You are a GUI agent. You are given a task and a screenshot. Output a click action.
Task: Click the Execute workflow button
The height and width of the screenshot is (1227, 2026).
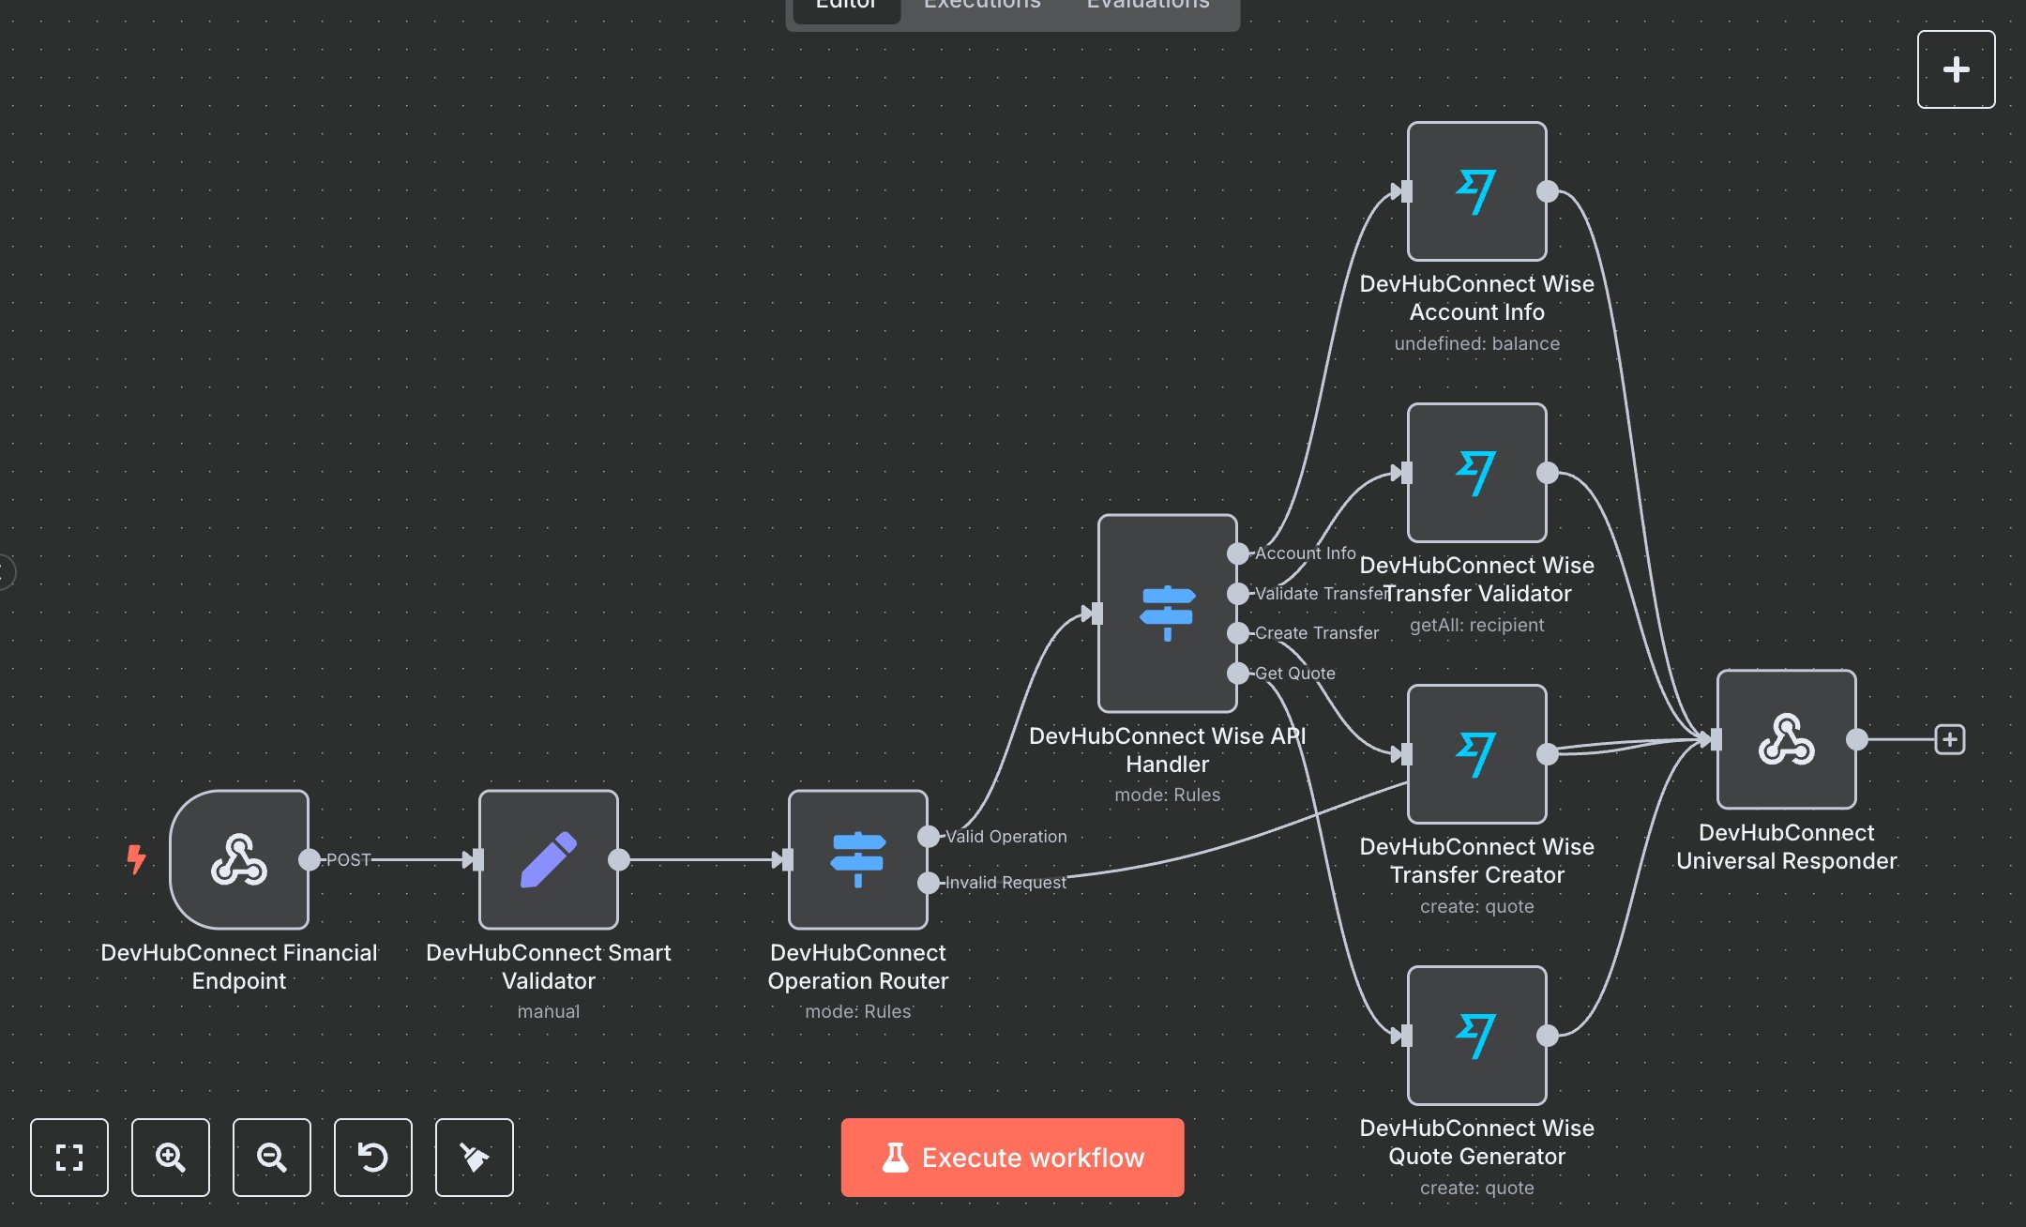(1012, 1157)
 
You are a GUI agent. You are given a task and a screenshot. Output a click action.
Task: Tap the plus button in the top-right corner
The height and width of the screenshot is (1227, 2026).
(1956, 69)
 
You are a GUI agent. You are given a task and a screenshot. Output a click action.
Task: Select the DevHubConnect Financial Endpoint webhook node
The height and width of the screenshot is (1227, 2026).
(239, 859)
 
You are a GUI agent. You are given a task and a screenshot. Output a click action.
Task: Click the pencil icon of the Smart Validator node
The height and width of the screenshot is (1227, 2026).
(549, 859)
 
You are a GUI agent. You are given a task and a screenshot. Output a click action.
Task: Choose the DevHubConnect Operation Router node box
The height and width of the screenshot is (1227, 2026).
(857, 859)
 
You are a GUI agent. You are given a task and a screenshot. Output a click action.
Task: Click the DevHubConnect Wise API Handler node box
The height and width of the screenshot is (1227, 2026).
(1167, 613)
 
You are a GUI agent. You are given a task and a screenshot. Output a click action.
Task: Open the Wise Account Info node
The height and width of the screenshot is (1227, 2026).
(1476, 191)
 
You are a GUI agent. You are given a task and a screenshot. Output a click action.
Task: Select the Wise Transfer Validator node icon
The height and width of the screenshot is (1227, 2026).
(1476, 473)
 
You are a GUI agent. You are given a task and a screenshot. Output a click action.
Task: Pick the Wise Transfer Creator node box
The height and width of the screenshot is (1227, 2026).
(1476, 754)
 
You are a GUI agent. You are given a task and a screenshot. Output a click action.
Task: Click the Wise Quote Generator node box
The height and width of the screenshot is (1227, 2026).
(1476, 1036)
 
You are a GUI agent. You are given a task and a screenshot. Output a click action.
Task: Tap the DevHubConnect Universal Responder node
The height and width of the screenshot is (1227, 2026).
(1786, 739)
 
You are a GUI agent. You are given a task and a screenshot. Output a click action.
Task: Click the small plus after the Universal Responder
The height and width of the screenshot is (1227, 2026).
(1950, 739)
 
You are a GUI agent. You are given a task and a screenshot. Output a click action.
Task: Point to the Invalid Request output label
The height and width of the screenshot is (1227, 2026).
(1005, 883)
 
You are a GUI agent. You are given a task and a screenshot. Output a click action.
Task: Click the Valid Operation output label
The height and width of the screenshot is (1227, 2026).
(1005, 837)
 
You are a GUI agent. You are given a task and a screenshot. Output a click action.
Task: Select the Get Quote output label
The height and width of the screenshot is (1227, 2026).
(1294, 674)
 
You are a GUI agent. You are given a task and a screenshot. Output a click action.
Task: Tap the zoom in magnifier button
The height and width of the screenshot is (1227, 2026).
(171, 1157)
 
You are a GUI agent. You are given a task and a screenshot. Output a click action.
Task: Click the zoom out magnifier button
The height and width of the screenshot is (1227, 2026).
(272, 1157)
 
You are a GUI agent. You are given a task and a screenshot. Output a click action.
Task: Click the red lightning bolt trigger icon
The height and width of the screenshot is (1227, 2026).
(137, 858)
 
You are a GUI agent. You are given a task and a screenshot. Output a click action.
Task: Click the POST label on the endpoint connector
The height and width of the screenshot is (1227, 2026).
(348, 859)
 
